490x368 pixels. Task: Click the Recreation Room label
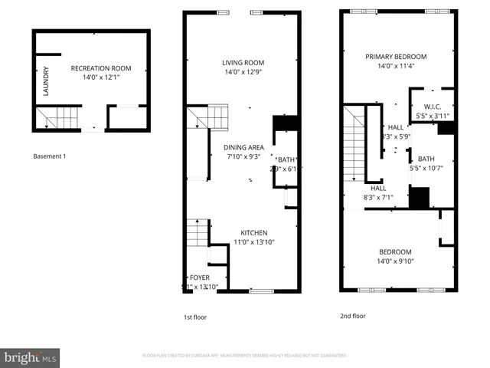click(x=96, y=68)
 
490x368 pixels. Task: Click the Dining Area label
click(x=243, y=147)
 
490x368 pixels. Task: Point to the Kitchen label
click(x=254, y=232)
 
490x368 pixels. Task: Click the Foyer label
click(x=200, y=278)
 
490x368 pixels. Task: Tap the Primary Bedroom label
click(x=396, y=57)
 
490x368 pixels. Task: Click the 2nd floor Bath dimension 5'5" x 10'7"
click(x=426, y=168)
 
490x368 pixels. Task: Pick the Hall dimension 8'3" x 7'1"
click(x=377, y=197)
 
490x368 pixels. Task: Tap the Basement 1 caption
click(x=50, y=156)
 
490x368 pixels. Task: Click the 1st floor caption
click(x=194, y=317)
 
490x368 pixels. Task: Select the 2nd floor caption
click(x=353, y=315)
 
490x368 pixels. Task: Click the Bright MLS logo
click(x=31, y=357)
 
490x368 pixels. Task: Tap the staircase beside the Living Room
click(x=208, y=118)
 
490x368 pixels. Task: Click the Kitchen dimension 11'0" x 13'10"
click(x=254, y=242)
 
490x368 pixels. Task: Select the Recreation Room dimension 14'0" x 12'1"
click(x=96, y=77)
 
